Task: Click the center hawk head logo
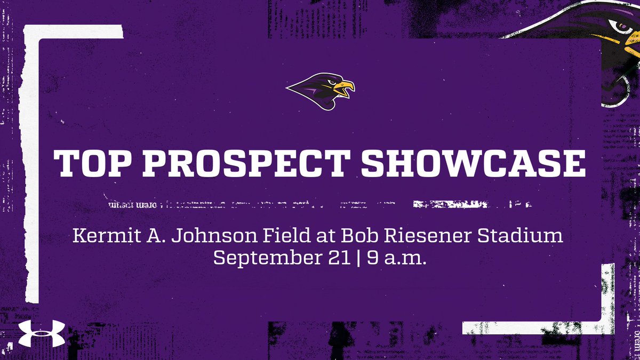320,90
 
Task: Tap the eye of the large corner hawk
620,26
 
